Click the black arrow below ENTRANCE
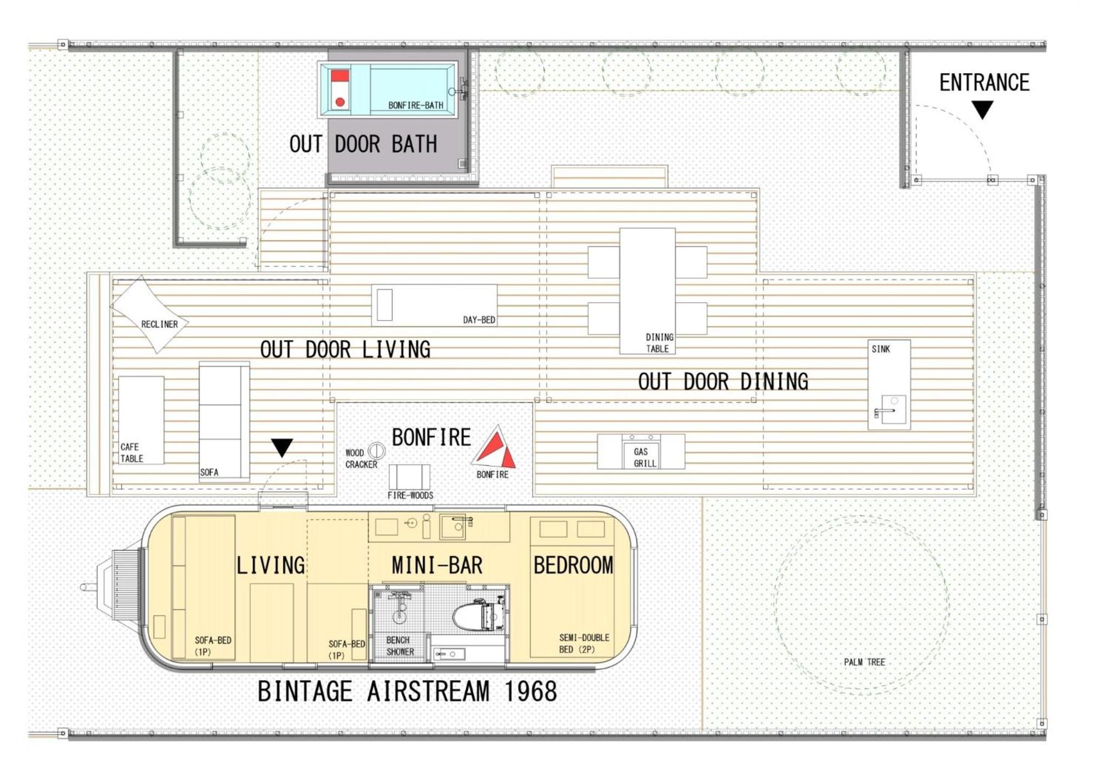point(982,109)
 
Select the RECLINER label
point(159,324)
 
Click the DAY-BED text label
point(479,319)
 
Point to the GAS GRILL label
point(644,457)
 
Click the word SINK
point(880,349)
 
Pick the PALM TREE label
point(864,662)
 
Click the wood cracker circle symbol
point(376,451)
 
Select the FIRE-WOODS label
point(410,495)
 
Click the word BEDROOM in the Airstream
point(573,565)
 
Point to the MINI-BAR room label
point(436,565)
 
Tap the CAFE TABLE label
point(132,453)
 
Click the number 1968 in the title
point(530,691)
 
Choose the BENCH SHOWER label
point(400,646)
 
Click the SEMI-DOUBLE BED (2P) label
point(584,643)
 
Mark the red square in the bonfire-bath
point(340,75)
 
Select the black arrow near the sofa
point(282,447)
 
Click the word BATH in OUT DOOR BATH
point(414,144)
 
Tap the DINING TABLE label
point(659,343)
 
